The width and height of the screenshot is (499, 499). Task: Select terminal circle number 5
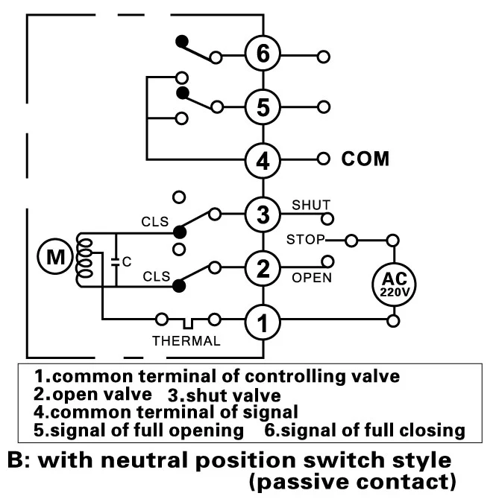coord(263,107)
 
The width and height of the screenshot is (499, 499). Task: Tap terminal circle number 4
coord(263,159)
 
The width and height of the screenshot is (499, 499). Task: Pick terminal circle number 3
coord(263,214)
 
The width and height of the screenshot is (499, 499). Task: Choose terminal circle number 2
coord(263,269)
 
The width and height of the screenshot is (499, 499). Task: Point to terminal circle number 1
coord(263,322)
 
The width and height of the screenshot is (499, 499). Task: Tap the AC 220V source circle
coord(393,282)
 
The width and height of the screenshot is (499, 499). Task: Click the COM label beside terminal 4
coord(365,159)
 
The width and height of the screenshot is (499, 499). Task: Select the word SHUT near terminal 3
coord(311,204)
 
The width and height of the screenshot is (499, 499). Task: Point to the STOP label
coord(306,240)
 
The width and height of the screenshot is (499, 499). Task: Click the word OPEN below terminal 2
coord(312,278)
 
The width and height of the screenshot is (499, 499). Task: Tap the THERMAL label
coord(186,341)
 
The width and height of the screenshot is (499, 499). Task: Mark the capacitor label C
coord(128,261)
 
